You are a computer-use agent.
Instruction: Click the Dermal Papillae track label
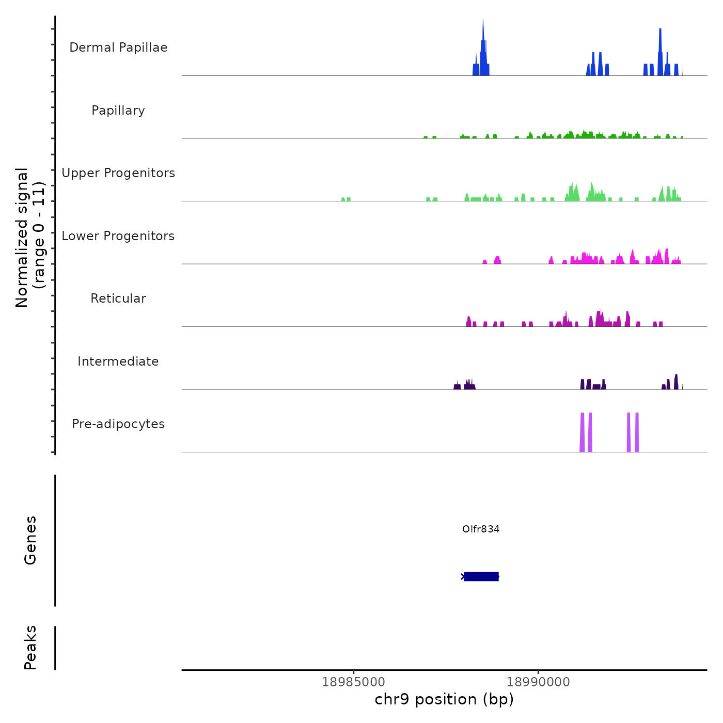(x=118, y=48)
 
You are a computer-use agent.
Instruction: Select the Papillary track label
(x=118, y=111)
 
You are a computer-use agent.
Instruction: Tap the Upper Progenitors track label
(x=118, y=173)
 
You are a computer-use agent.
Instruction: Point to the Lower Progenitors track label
(x=118, y=236)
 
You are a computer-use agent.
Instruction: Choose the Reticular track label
(x=118, y=298)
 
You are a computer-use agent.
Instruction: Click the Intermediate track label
(x=118, y=361)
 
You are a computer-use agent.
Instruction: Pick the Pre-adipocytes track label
(x=118, y=424)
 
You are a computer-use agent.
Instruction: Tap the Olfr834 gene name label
(x=481, y=529)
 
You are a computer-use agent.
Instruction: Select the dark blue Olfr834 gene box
(x=481, y=576)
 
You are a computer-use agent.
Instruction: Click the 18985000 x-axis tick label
(x=354, y=682)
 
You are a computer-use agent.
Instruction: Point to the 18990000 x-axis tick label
(x=538, y=682)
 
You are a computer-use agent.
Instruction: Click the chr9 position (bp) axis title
(x=444, y=699)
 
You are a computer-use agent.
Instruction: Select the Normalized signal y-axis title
(x=30, y=237)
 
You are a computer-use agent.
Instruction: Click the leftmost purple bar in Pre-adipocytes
(x=582, y=433)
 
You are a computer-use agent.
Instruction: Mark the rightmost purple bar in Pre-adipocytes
(x=637, y=433)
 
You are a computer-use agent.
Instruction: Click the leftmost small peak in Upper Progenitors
(x=343, y=199)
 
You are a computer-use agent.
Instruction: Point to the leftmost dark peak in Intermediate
(x=457, y=386)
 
